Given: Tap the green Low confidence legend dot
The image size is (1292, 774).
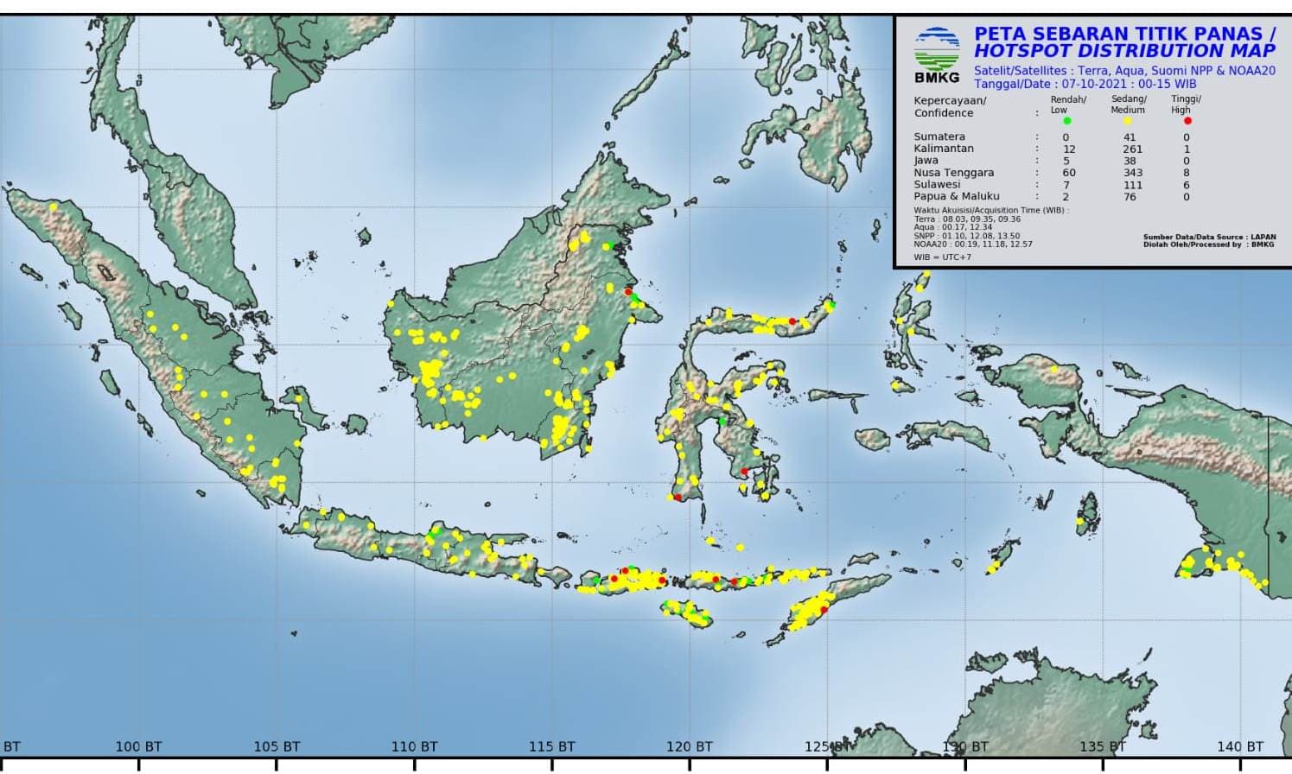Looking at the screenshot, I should pos(1067,121).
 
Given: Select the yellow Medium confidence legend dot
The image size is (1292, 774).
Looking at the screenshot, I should pos(1127,121).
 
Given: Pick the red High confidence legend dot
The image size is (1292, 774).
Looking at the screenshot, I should pos(1187,121).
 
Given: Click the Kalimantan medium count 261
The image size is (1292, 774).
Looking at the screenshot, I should pos(1132,149).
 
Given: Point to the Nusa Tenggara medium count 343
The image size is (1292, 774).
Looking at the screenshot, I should pos(1132,173).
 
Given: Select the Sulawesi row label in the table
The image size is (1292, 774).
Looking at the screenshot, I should pos(937,185).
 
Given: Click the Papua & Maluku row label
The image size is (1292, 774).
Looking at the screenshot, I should pos(945,197).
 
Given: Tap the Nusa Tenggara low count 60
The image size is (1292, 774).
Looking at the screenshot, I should pos(1069,173).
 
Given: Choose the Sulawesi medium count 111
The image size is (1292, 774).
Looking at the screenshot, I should pos(1132,185).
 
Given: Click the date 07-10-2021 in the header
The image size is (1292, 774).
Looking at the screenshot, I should pos(1095,85).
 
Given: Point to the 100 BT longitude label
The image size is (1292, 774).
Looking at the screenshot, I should pos(138,746).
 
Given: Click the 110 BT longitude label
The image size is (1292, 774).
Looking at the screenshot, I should pos(414,746).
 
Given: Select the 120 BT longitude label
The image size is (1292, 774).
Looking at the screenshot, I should pos(690,746).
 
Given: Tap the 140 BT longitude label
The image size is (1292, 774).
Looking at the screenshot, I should pos(1240,746).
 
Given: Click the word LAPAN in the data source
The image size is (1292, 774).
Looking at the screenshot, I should pos(1263,238).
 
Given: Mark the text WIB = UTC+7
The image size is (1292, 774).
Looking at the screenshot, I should pos(942,257).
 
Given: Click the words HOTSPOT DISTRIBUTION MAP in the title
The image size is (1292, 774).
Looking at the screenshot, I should pos(1124,51).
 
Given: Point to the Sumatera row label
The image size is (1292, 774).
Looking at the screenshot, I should pos(939,137).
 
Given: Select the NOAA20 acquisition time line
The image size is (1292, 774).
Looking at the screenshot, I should pos(973,244).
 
